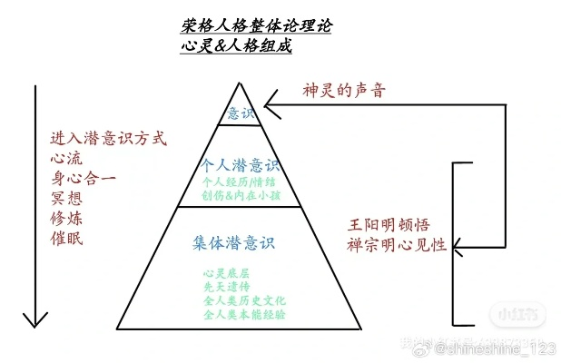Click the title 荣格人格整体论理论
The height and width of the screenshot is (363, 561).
click(256, 26)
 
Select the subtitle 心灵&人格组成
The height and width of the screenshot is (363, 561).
click(235, 46)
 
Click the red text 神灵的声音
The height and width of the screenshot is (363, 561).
click(344, 92)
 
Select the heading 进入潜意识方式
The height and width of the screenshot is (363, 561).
click(110, 140)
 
